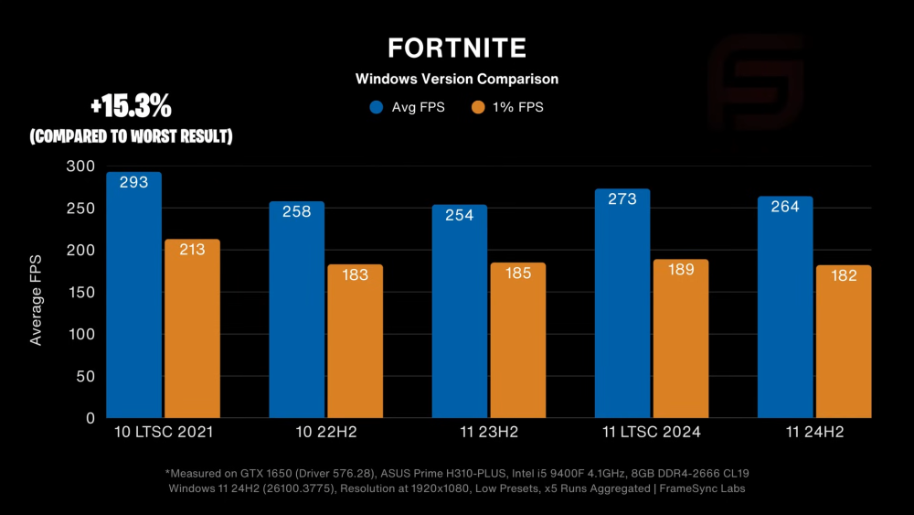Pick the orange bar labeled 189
(680, 338)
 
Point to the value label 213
(192, 249)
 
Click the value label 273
(622, 198)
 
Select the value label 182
(843, 275)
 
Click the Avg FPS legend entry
(407, 107)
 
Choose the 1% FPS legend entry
(507, 107)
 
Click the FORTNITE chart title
(456, 48)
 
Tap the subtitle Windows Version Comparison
(456, 79)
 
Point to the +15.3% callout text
(131, 107)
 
